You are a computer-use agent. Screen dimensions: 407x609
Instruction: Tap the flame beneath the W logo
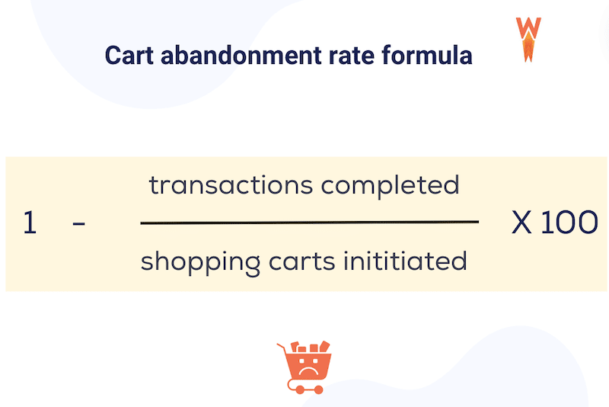coord(528,50)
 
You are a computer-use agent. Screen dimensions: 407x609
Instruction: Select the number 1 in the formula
coord(30,223)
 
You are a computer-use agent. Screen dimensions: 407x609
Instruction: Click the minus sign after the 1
coord(78,224)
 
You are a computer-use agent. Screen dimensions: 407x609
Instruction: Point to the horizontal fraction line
coord(310,223)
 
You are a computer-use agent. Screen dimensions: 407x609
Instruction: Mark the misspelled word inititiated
coord(403,261)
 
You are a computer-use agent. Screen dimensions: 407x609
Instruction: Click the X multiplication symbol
coord(521,223)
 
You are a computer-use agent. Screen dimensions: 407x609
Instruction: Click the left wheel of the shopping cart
coord(299,389)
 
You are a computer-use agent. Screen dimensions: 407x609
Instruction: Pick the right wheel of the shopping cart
coord(318,389)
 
